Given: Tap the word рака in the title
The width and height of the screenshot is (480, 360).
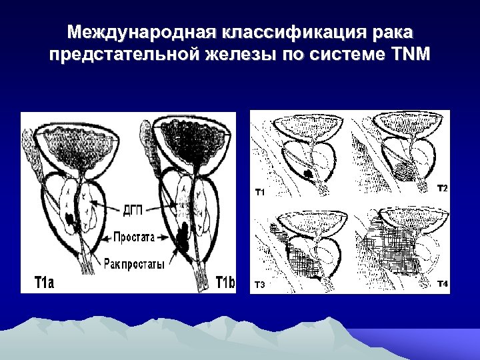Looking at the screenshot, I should pyautogui.click(x=393, y=31).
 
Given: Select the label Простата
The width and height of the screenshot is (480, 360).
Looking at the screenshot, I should pyautogui.click(x=134, y=236).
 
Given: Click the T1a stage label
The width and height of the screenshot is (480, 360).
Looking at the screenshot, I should pyautogui.click(x=44, y=282).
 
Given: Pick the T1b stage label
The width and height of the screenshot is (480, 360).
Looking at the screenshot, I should pyautogui.click(x=225, y=282).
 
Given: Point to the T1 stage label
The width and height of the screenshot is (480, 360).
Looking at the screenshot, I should pyautogui.click(x=261, y=193).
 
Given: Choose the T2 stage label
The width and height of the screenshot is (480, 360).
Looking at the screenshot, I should pyautogui.click(x=442, y=189).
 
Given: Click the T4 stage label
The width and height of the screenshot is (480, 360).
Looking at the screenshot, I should pyautogui.click(x=442, y=285).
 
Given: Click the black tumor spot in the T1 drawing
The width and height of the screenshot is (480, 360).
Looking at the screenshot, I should pyautogui.click(x=307, y=175).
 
